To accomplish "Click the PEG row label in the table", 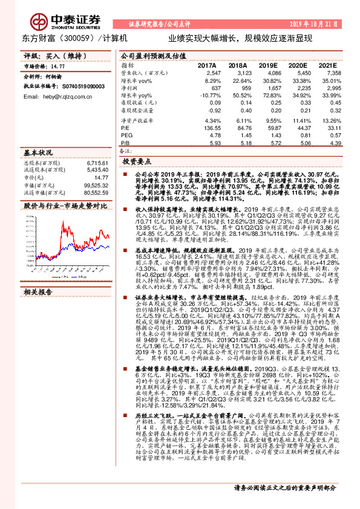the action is point(126,135).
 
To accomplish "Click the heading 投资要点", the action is point(135,163).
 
